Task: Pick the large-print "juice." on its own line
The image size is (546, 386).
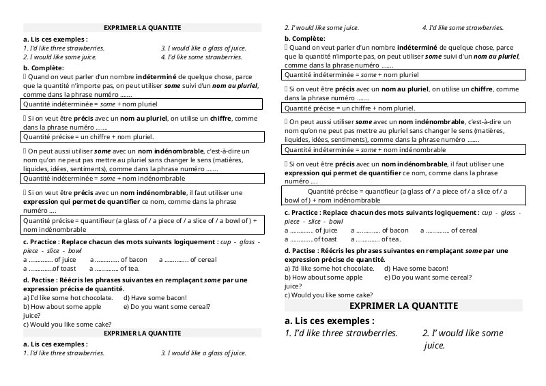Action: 435,346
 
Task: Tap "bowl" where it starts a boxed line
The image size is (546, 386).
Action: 293,201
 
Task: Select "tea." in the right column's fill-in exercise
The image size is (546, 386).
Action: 392,239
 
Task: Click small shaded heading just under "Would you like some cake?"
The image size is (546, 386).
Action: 142,333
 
